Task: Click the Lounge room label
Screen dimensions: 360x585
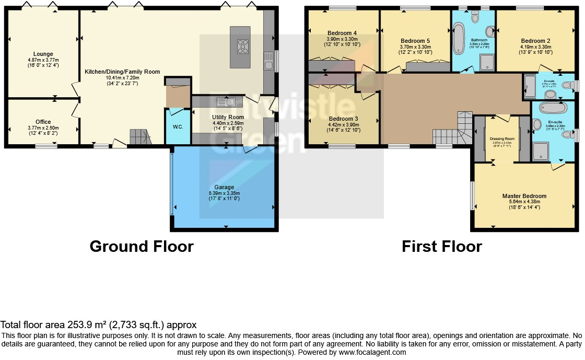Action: click(x=43, y=54)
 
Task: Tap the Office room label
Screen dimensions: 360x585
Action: click(x=43, y=122)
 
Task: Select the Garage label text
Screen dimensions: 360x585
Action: click(x=224, y=187)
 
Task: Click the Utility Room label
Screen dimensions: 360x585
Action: click(x=228, y=117)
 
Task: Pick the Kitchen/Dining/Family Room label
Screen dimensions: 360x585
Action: click(x=122, y=72)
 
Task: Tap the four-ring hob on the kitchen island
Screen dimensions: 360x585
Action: click(x=243, y=47)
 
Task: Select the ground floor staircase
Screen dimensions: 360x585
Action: click(x=139, y=137)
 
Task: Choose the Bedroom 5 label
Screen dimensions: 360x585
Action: click(x=416, y=41)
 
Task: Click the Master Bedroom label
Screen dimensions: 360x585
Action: click(x=524, y=196)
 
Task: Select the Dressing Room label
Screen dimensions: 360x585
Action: click(x=502, y=139)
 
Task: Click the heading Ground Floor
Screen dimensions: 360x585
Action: click(x=142, y=246)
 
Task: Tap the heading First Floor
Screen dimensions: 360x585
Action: click(x=441, y=246)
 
